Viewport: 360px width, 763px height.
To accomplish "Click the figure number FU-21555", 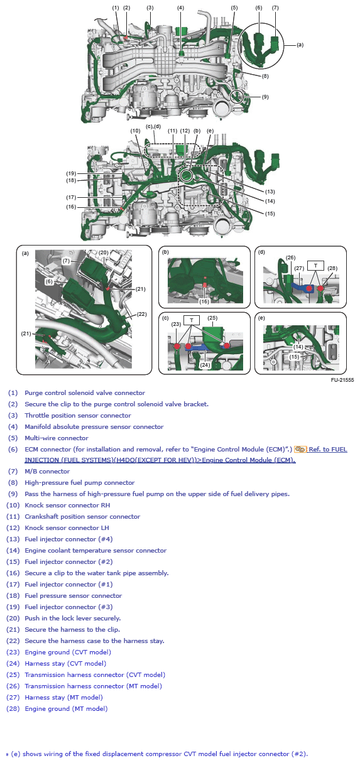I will pos(342,380).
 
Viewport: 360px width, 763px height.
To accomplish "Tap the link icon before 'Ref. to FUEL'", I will pos(300,449).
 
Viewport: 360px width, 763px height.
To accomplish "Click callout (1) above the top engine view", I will pos(116,8).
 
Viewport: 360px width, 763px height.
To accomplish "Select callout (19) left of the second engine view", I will pos(71,173).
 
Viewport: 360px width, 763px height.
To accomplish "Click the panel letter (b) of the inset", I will pos(166,252).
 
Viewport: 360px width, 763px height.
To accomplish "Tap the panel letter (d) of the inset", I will pos(261,252).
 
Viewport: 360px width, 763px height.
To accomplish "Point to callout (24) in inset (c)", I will pos(204,364).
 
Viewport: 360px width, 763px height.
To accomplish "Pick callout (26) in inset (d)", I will pos(290,257).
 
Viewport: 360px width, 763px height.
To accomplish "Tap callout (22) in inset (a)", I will pos(141,314).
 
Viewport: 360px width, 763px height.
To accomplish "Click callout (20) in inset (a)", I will pos(103,252).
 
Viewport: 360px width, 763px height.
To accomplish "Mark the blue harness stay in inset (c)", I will pos(200,346).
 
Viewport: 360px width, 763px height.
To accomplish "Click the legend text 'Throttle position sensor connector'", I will pos(78,415).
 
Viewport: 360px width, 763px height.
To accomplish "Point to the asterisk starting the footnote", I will pos(8,754).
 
